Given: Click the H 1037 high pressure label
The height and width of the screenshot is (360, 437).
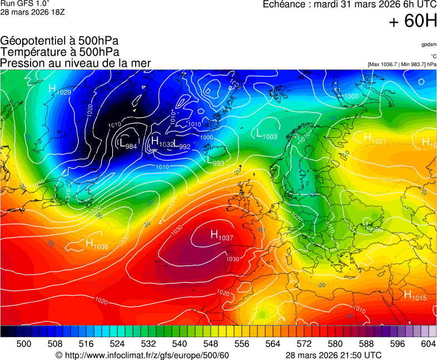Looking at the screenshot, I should (x=221, y=236).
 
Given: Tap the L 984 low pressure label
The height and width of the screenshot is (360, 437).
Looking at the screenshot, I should (x=127, y=144).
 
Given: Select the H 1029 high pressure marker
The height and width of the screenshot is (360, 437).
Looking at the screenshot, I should (x=59, y=89).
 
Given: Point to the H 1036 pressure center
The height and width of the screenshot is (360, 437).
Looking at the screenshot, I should (x=97, y=244).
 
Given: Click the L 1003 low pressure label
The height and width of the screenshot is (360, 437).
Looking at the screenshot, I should (x=266, y=134).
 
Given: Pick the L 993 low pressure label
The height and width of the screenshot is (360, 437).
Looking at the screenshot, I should (x=215, y=161).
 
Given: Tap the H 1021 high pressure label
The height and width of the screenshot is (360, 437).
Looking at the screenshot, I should (x=375, y=138).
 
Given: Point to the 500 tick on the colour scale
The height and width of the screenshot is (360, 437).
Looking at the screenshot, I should (x=24, y=344).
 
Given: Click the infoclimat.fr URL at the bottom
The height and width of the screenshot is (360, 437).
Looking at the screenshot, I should (x=142, y=355).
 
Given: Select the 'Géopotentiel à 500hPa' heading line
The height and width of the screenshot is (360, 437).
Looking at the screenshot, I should (x=59, y=41).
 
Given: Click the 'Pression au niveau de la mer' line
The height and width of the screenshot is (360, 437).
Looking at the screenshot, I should (x=76, y=63).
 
